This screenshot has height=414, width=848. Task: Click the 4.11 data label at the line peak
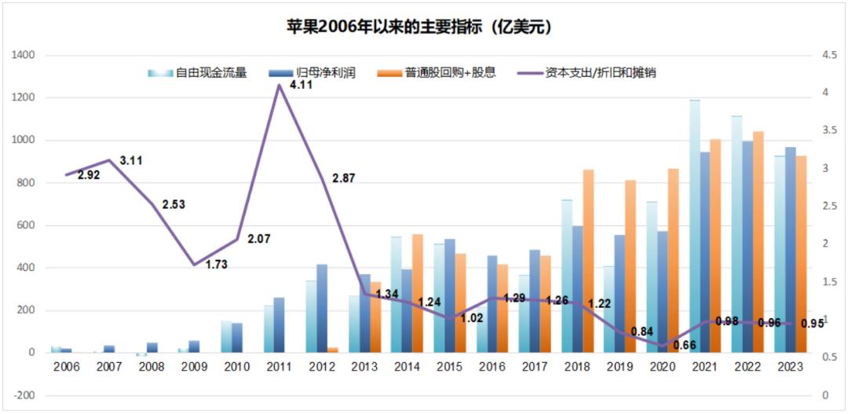tap(302, 85)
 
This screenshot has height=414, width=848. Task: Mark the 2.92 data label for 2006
tap(89, 175)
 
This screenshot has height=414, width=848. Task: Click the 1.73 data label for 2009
tap(217, 265)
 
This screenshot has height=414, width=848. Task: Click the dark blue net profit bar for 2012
tap(322, 308)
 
